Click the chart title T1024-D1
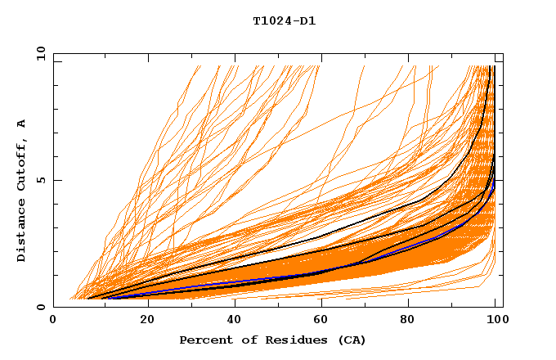click(x=285, y=20)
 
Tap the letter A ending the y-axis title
click(x=21, y=124)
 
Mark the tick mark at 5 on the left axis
click(x=57, y=180)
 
